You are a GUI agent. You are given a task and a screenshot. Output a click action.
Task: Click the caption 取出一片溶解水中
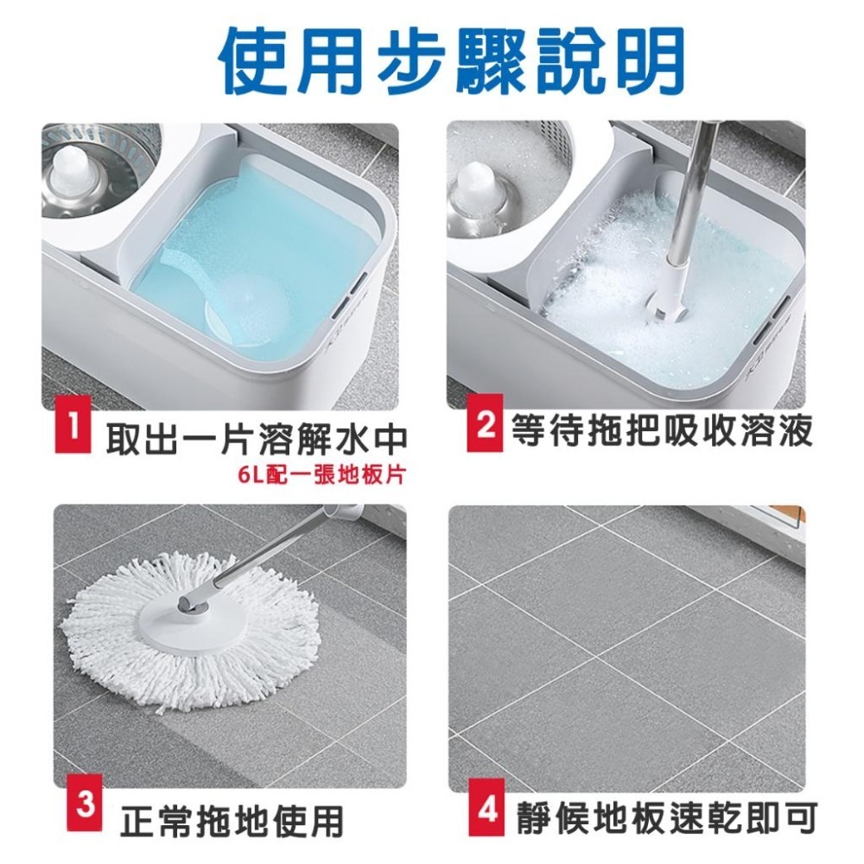pos(256,440)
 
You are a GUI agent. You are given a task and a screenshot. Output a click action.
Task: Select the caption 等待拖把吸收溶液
pos(661,429)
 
